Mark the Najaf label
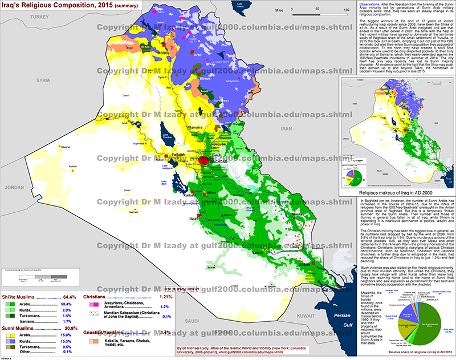[193, 218]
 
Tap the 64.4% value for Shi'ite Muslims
[69, 297]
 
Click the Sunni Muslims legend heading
[23, 330]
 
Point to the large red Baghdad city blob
[204, 162]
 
